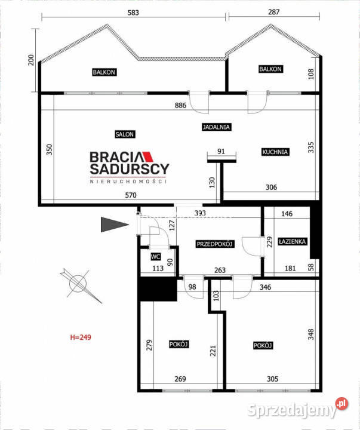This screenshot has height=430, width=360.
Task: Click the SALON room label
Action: point(125,134)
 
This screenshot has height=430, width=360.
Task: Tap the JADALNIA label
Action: point(216,127)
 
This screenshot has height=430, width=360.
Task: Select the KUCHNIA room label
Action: point(275,152)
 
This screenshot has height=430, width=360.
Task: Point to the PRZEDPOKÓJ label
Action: point(215,244)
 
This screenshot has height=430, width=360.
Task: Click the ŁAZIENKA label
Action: point(292,241)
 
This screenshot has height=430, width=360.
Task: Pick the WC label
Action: point(155,257)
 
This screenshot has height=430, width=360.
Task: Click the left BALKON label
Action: point(104,72)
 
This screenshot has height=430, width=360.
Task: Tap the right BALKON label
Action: point(270,69)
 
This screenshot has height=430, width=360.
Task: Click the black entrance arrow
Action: point(115,225)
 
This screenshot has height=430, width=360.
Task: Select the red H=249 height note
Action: point(81,337)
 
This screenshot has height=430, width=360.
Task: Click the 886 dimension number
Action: point(180,105)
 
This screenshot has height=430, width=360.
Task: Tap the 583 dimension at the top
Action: point(133,13)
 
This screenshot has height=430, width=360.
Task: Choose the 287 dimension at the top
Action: point(274,12)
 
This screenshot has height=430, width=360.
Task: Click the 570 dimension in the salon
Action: point(131,195)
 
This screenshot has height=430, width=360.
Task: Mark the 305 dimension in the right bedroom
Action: point(272,379)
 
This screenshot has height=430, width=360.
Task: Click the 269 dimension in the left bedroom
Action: point(180,379)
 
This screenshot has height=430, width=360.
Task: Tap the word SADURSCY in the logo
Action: point(130,169)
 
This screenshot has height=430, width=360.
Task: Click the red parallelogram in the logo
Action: point(148,156)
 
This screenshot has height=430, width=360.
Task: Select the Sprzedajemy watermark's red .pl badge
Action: point(342,403)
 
